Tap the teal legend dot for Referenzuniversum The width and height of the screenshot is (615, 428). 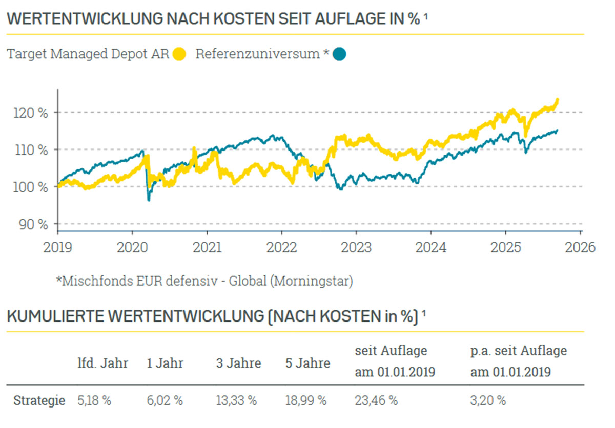point(339,54)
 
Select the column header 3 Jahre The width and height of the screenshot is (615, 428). point(238,364)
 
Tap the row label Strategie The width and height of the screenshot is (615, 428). point(39,400)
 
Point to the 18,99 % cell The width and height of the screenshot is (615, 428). point(306,400)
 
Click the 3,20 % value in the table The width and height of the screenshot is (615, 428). point(488,400)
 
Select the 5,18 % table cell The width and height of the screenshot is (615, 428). point(94,400)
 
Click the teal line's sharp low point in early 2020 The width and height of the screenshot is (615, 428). point(149,200)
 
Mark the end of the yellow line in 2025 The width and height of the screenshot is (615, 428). point(557,99)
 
